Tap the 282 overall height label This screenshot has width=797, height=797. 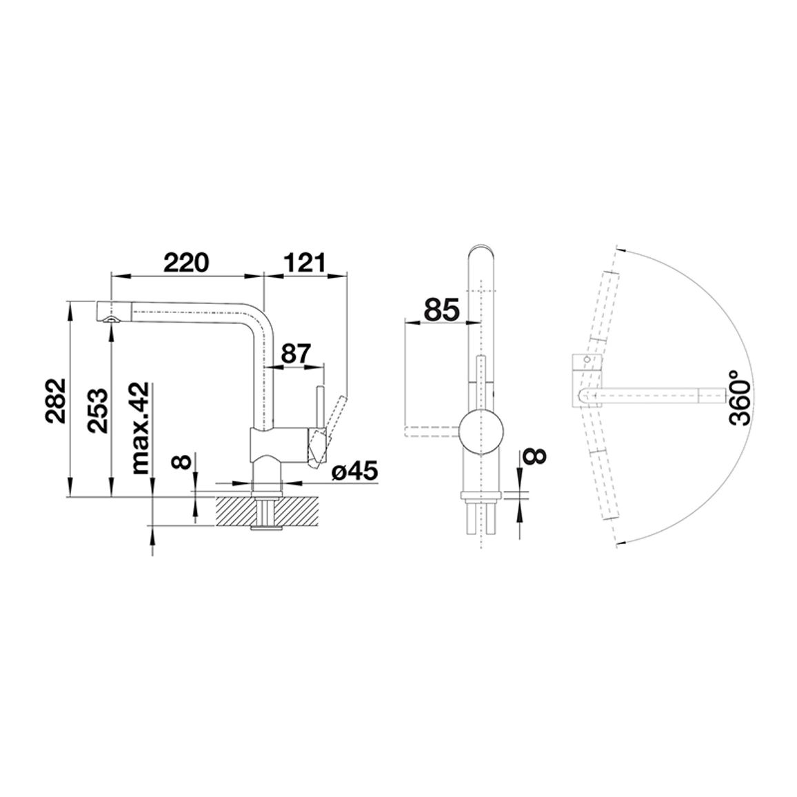tap(55, 401)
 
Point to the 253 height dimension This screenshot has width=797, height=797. tap(97, 410)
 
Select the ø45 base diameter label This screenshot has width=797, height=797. tap(355, 472)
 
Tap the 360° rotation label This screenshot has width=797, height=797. tap(740, 398)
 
